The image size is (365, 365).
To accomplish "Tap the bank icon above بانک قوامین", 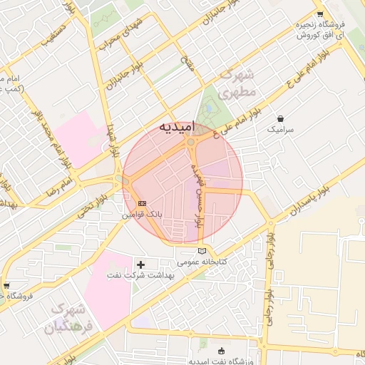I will [x=143, y=202].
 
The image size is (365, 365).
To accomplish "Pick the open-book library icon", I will [x=202, y=250].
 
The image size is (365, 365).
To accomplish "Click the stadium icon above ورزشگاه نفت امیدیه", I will [x=220, y=351].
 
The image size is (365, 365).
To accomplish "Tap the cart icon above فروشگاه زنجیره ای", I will [x=320, y=14].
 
